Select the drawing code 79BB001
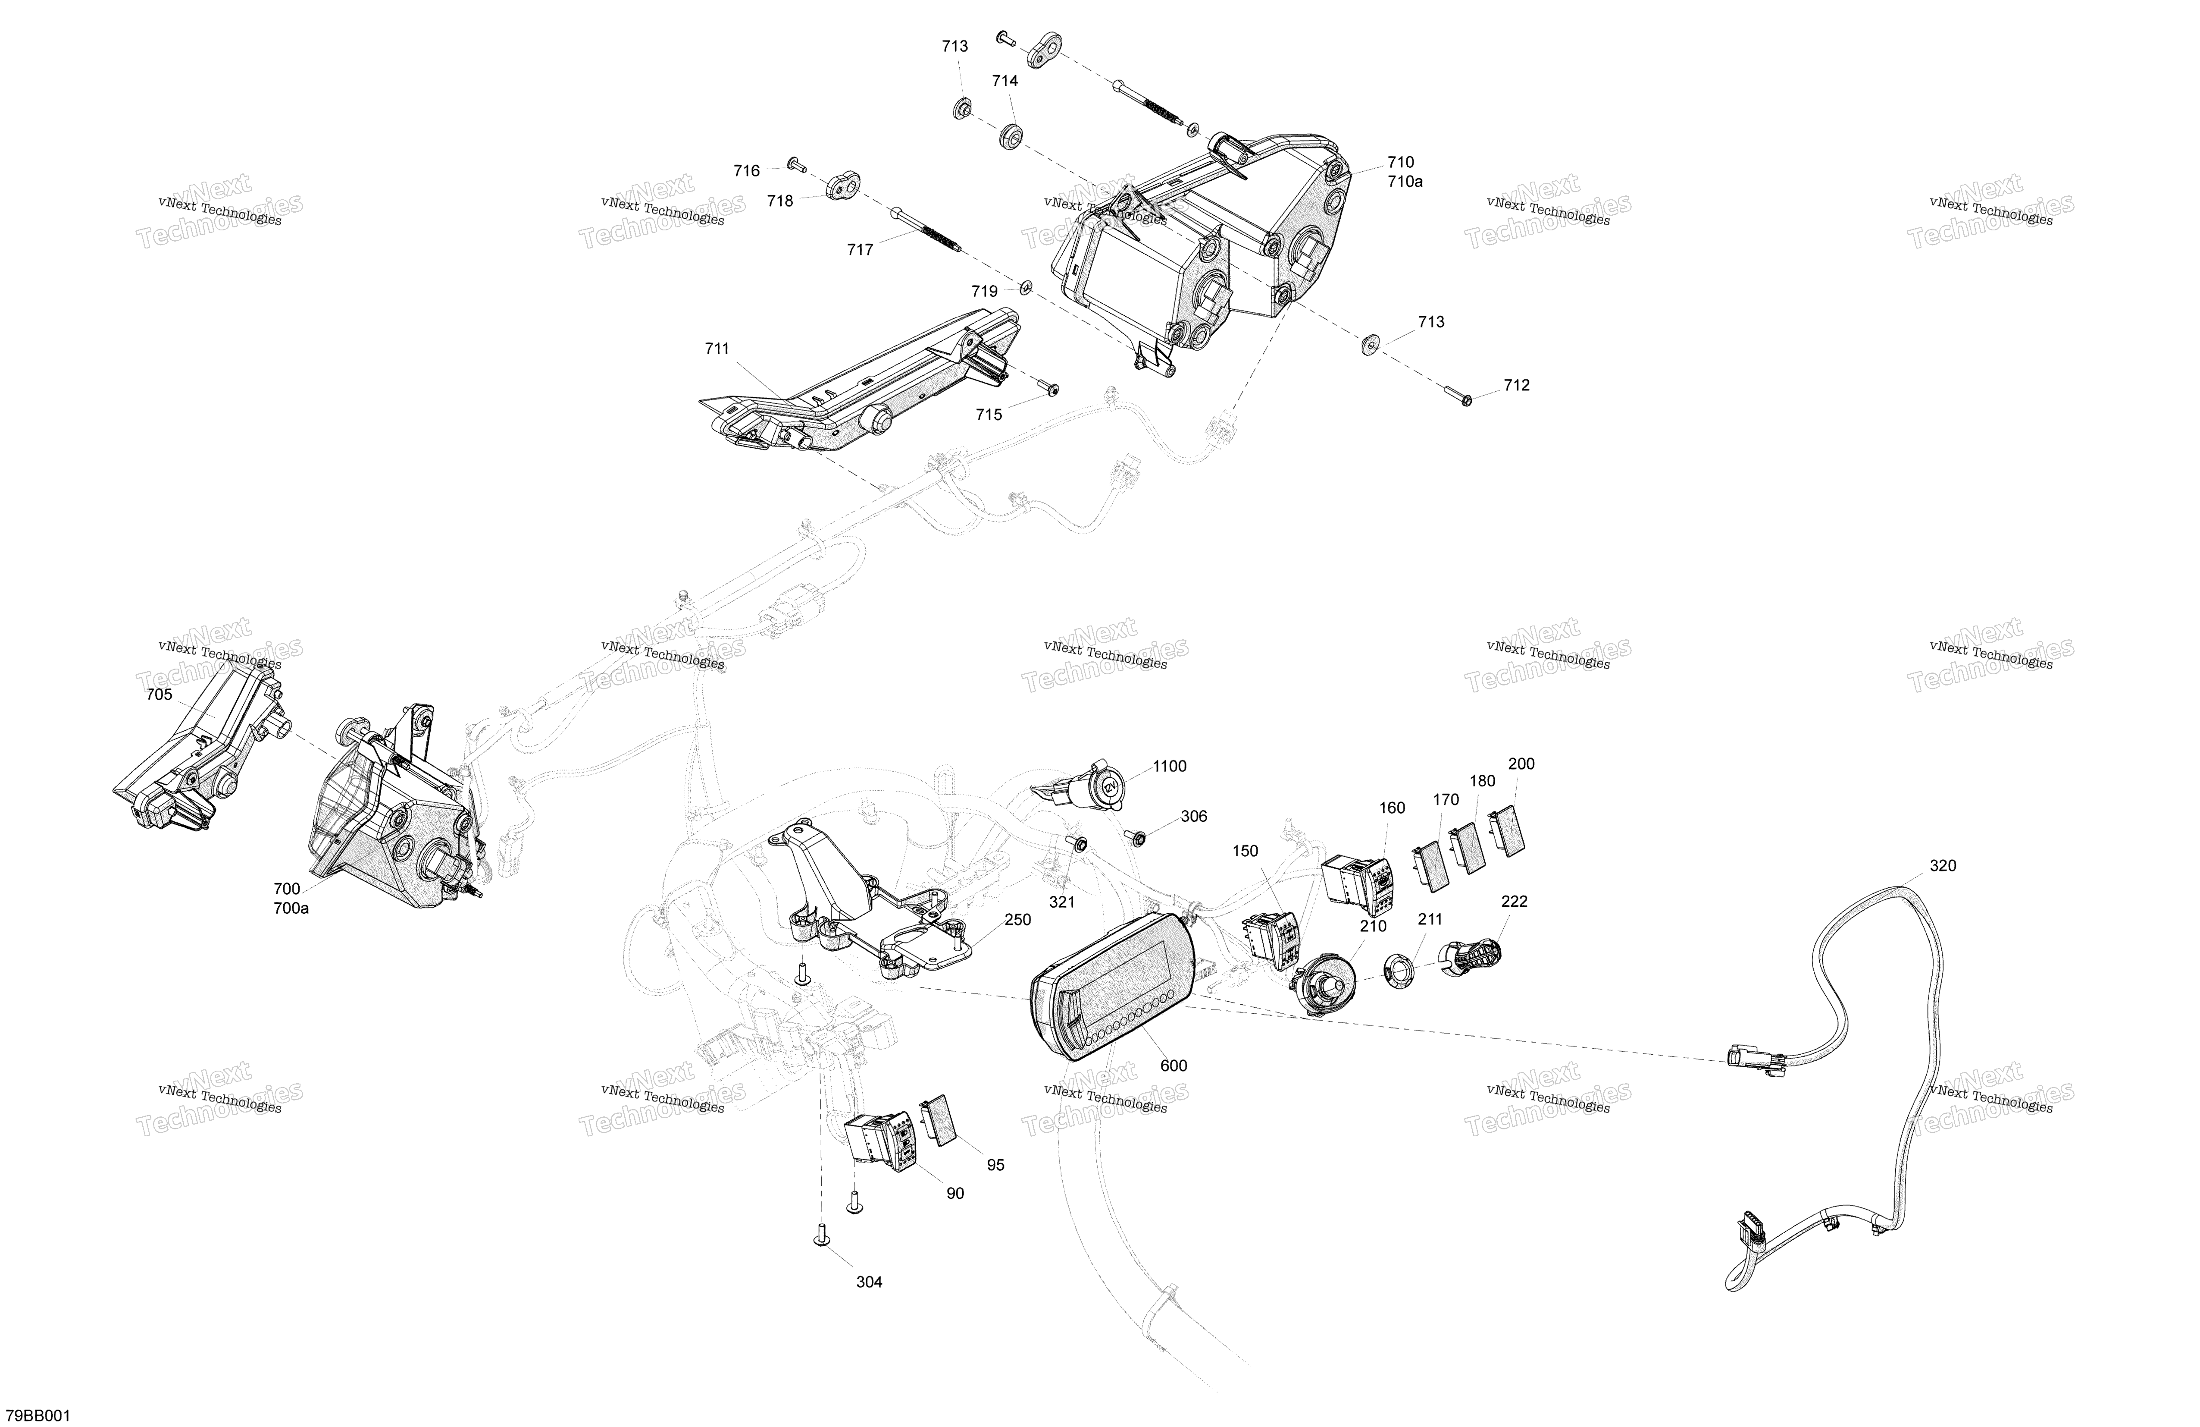click(38, 1416)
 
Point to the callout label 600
click(1173, 1066)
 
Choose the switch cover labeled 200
click(1507, 830)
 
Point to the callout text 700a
click(291, 908)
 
